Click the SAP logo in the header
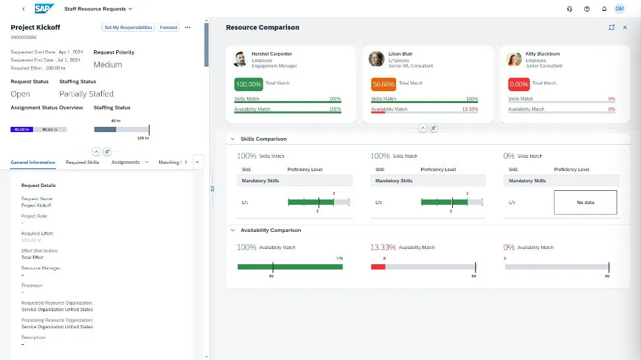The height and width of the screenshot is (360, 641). click(x=45, y=9)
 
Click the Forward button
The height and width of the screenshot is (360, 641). click(x=168, y=28)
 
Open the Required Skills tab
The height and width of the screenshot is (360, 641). click(x=83, y=162)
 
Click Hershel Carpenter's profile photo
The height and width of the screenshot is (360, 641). click(x=240, y=59)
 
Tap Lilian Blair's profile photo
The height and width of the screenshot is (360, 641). click(x=376, y=59)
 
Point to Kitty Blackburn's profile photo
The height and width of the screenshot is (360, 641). click(x=513, y=59)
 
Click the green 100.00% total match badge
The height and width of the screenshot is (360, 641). click(x=248, y=85)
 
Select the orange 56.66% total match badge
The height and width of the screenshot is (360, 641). click(x=384, y=85)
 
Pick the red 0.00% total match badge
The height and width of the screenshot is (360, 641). click(x=519, y=85)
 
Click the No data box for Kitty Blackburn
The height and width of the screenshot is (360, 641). click(x=585, y=202)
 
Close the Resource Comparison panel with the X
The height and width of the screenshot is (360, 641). click(x=624, y=28)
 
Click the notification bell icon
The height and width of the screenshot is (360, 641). click(x=603, y=9)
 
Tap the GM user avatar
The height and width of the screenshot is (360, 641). click(x=619, y=9)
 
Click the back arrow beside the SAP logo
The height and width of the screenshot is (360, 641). click(x=24, y=9)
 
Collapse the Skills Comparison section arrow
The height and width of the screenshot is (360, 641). click(x=232, y=139)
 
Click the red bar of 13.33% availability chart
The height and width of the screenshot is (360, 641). click(x=378, y=267)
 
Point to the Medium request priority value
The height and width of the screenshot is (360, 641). click(x=108, y=65)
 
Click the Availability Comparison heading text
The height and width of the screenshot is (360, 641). click(x=271, y=231)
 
